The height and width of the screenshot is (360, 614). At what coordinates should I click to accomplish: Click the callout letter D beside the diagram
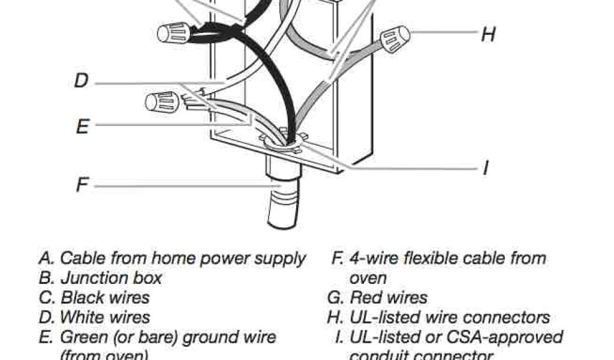pos(81,80)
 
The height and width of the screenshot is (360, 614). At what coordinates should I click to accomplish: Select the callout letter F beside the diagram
pos(82,185)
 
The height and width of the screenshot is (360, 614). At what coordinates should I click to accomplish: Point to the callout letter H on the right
pos(488,34)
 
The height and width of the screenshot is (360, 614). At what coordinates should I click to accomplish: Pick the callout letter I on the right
pos(486,168)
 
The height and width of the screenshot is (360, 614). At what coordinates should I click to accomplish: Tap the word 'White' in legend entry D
pos(86,316)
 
